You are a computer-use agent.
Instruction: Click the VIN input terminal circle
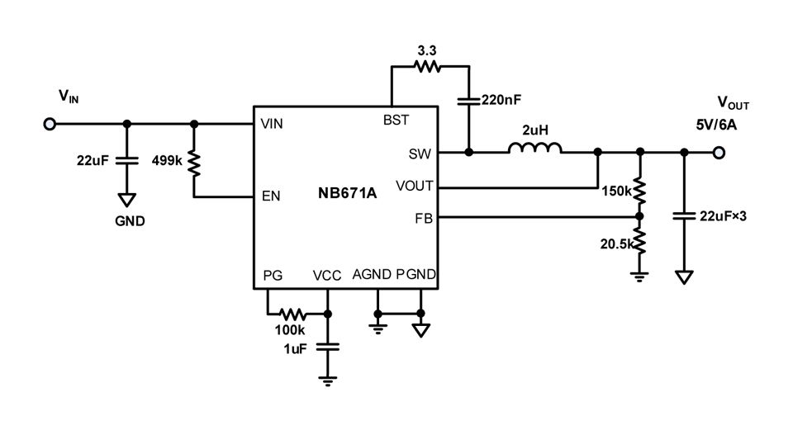point(50,124)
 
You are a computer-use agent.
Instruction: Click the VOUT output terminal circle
point(719,152)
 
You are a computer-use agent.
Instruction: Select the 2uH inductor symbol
point(535,149)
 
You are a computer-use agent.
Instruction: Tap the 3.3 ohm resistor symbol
point(427,68)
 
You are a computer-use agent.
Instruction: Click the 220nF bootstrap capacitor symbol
point(468,101)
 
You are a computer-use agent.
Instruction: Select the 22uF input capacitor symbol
point(126,160)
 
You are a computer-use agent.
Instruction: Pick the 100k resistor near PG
point(293,314)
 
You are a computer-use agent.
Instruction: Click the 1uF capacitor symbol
point(329,347)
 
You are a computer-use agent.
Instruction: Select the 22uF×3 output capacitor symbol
point(684,216)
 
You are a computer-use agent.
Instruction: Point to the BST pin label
point(396,120)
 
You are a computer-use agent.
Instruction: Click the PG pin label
point(273,275)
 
